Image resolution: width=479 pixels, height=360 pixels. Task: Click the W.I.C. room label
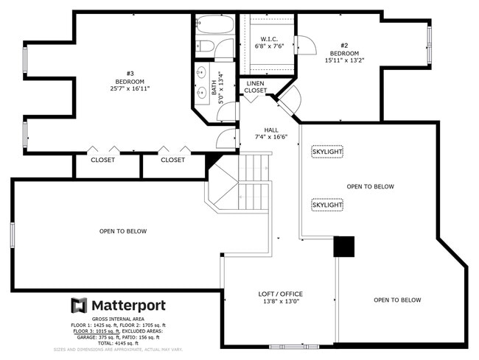point(269,39)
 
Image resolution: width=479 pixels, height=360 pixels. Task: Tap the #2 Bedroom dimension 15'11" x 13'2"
point(344,60)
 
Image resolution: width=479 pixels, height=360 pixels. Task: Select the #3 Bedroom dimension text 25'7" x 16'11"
point(130,89)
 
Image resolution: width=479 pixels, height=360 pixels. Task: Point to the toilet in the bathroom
point(205,46)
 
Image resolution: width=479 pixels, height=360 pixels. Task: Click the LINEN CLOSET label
point(256,87)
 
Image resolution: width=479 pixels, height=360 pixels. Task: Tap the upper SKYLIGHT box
point(327,152)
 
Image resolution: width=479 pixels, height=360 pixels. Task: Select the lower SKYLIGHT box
point(327,205)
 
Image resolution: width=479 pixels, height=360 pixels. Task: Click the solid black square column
point(344,247)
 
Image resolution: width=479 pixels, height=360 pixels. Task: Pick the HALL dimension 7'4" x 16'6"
point(271,137)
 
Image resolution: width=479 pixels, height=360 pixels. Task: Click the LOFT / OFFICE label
point(281,294)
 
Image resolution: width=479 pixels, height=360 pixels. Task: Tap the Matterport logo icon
point(79,306)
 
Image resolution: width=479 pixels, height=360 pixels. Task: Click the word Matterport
point(129,306)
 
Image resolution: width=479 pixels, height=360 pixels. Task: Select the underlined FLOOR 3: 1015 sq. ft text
point(97,331)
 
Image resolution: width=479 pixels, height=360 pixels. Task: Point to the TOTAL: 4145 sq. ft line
point(118,343)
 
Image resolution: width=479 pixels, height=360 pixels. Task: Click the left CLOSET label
point(102,160)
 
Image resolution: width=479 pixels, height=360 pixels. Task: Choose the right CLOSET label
point(173,160)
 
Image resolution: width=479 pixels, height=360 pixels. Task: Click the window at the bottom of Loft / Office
point(294,347)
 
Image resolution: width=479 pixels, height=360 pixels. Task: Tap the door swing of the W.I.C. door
point(307,45)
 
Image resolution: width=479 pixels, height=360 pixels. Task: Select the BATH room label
point(214,88)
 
